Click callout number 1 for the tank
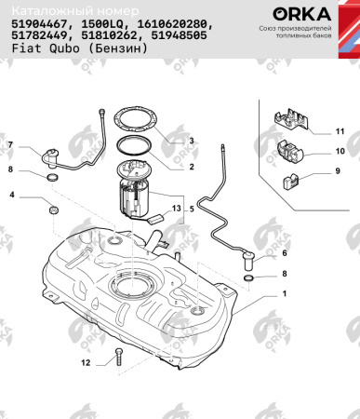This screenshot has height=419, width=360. (285, 294)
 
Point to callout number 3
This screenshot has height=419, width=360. (191, 141)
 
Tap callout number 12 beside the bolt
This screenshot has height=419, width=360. (86, 360)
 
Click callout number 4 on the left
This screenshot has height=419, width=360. (12, 196)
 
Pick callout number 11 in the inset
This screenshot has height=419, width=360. (340, 131)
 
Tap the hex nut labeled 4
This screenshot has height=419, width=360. (54, 209)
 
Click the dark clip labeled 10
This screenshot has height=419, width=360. (294, 150)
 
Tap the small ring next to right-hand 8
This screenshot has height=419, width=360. (248, 277)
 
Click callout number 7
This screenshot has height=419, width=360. (12, 145)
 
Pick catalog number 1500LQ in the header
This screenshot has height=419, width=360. (104, 26)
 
